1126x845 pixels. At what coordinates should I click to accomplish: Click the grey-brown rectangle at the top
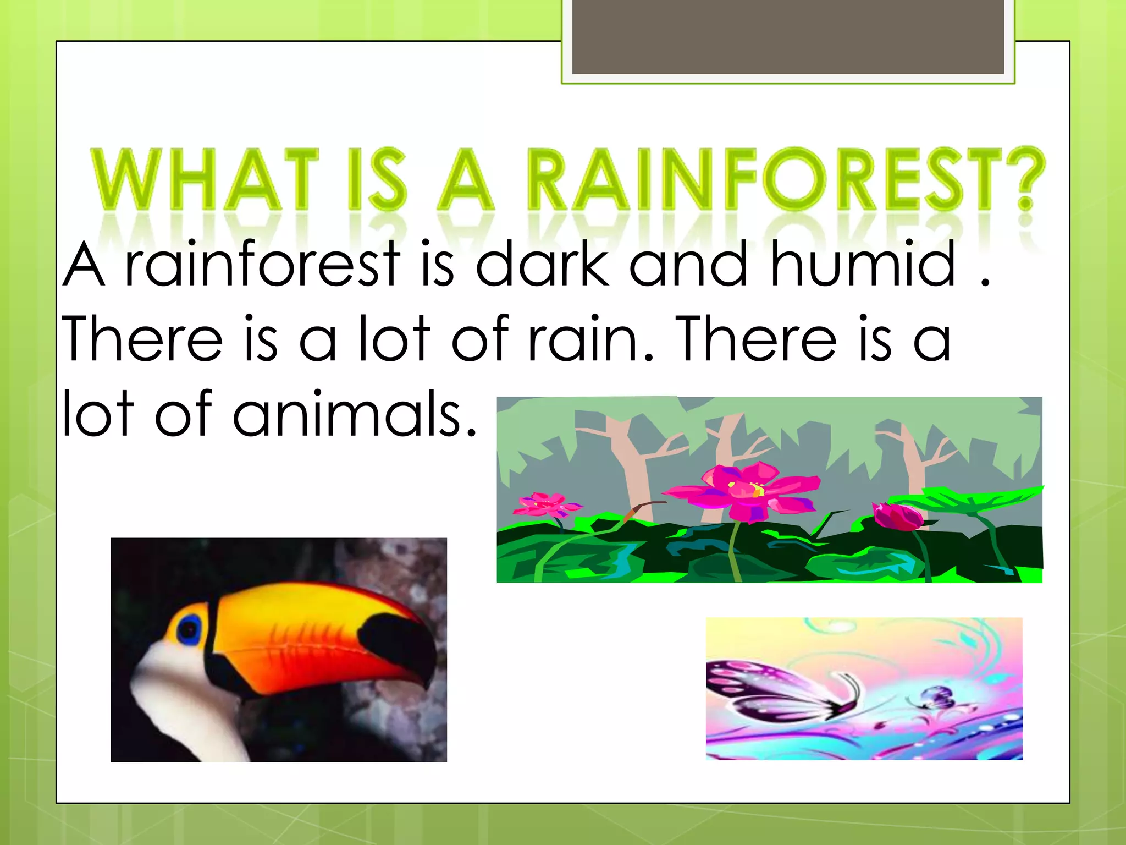(788, 36)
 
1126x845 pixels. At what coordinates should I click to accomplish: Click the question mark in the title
(1025, 179)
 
